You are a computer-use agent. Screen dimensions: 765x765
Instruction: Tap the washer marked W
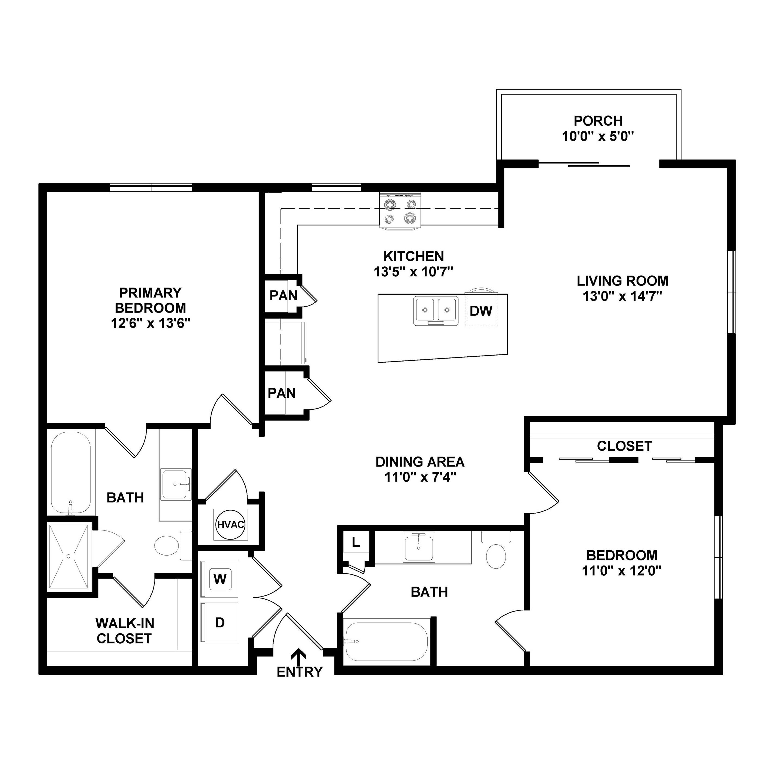tap(220, 579)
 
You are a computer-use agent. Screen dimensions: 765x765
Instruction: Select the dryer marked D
tap(220, 622)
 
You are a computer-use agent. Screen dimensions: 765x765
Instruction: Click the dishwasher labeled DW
tap(481, 311)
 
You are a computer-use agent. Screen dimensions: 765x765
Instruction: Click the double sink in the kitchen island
tap(436, 311)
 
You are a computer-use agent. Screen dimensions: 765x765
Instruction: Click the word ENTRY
tap(300, 672)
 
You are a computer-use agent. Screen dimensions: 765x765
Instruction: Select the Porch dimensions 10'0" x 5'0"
tap(598, 137)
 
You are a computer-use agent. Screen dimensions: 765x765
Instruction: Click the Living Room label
tap(622, 281)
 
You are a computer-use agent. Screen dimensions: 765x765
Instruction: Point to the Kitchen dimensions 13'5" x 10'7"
tap(414, 272)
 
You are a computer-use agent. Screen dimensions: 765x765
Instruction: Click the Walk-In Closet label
tap(124, 631)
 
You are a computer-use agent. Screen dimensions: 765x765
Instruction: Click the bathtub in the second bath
tap(386, 642)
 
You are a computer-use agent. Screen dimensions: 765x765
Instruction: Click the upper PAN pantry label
tap(283, 295)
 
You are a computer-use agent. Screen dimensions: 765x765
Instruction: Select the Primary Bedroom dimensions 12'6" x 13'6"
tap(150, 323)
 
